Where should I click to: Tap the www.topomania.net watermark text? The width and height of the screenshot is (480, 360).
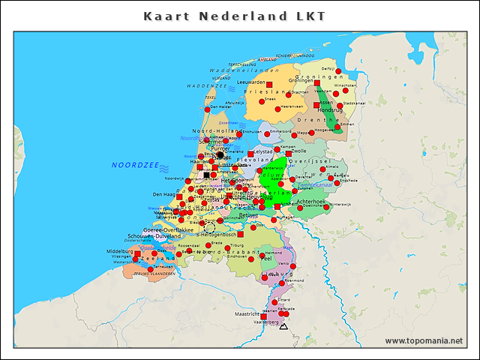[424, 340]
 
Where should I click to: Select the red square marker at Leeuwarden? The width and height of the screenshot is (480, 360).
[268, 84]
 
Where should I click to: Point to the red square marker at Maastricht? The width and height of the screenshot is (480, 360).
[263, 316]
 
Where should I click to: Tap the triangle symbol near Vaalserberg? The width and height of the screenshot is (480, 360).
[283, 326]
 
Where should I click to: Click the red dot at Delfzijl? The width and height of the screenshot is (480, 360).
[338, 71]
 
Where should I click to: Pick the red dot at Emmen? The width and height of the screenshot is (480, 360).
[338, 128]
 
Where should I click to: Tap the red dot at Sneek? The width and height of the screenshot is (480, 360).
[262, 101]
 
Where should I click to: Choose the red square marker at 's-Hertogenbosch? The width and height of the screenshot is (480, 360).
[240, 234]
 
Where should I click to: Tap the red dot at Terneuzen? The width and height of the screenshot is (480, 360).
[151, 268]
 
